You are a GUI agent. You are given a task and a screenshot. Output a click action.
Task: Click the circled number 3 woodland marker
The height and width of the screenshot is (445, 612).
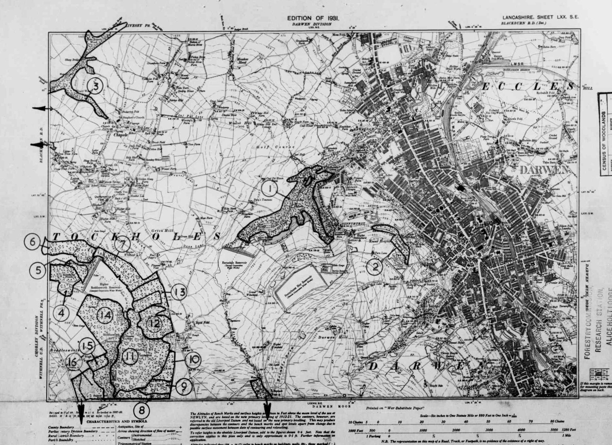pos(95,86)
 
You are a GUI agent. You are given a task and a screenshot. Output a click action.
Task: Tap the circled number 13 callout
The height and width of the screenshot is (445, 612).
pos(179,292)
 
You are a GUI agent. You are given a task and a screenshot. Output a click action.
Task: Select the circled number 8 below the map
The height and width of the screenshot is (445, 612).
pos(142,410)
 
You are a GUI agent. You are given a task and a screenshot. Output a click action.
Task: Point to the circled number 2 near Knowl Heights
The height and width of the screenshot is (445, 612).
pos(376,267)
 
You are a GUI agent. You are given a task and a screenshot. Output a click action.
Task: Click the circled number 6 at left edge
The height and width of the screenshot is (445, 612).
pos(32,242)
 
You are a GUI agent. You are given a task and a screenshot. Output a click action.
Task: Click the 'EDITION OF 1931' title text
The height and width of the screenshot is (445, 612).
pos(313,18)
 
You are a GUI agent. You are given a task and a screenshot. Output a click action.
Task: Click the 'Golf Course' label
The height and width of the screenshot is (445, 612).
pos(275,147)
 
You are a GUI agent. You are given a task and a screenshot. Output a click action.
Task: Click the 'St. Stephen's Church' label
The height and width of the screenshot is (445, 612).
pos(131,117)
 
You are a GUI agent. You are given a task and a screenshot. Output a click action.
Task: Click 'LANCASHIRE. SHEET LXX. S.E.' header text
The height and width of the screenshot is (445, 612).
pos(540,17)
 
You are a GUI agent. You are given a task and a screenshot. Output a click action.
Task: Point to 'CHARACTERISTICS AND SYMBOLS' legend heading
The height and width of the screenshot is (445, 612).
pos(117,421)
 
